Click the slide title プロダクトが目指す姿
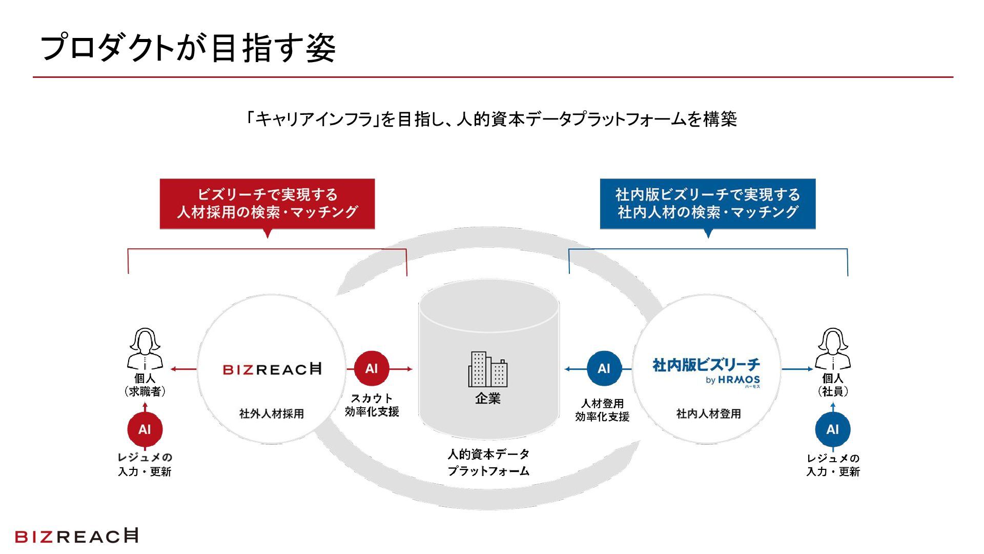point(188,48)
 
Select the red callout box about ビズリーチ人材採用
point(267,204)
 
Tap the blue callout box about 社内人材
point(707,204)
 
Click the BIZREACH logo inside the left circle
point(272,369)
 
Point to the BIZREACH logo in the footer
point(77,536)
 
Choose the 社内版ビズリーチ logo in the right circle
point(706,370)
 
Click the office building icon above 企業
point(488,369)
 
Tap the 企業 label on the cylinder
point(488,399)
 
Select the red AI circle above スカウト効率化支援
point(372,368)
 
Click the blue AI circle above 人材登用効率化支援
point(604,368)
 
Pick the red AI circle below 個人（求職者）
point(145,429)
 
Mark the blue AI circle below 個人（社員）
point(833,429)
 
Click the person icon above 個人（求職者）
point(145,349)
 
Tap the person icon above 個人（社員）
point(833,349)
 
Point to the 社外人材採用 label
point(272,413)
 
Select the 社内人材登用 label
point(708,413)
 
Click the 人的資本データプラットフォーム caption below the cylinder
point(488,462)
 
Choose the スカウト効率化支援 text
point(372,405)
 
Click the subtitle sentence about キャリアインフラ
point(491,119)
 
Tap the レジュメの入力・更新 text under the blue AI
point(833,465)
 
